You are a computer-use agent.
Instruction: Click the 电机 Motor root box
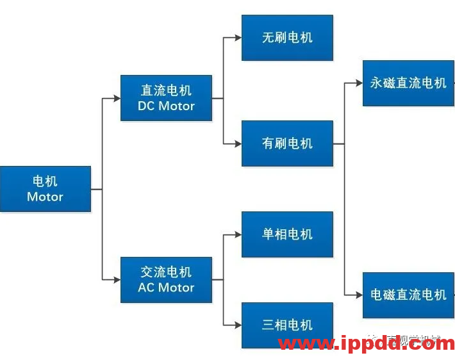[x=45, y=189]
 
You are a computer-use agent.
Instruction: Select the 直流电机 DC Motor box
[x=166, y=98]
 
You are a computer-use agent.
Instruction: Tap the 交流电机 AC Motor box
[x=166, y=280]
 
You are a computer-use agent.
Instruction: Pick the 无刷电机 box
[x=287, y=38]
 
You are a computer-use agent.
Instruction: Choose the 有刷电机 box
[x=287, y=143]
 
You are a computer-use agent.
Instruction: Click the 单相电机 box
[x=287, y=234]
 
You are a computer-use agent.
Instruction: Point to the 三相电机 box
[x=287, y=325]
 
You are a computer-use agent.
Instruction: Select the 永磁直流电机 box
[x=408, y=83]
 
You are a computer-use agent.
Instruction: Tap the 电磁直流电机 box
[x=408, y=295]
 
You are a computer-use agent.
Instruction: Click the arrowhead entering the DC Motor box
[x=117, y=98]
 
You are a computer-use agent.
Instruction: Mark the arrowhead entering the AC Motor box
[x=117, y=280]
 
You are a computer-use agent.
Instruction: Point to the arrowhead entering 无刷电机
[x=238, y=38]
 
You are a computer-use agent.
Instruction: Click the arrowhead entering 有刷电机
[x=238, y=143]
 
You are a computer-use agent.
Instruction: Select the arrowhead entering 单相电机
[x=238, y=234]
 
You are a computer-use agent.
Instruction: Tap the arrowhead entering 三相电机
[x=238, y=325]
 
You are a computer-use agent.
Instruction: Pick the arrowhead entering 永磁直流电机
[x=359, y=83]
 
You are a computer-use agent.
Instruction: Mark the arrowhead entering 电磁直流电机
[x=359, y=295]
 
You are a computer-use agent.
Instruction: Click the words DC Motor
[x=166, y=106]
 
